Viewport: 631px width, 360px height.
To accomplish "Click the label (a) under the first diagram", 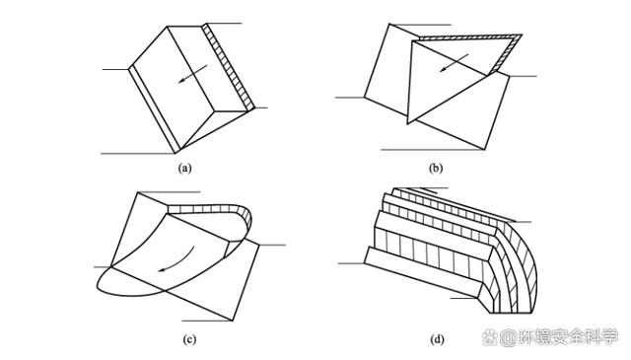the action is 184,168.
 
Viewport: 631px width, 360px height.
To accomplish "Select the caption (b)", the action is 436,168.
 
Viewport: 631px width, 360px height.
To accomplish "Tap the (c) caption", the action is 189,340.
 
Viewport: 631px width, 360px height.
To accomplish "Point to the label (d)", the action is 437,340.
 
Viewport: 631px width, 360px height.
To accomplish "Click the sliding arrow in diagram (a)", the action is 193,74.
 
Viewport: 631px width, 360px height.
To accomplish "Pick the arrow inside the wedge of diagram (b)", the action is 454,63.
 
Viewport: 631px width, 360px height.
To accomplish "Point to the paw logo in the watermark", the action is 490,337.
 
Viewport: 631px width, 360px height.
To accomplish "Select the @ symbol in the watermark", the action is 508,337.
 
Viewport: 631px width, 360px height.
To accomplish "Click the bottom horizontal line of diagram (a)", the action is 138,154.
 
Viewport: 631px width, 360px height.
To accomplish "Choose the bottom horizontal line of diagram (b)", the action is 433,150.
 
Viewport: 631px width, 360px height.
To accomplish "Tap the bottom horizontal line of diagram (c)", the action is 207,321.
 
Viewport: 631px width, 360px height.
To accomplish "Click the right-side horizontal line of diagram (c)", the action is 272,245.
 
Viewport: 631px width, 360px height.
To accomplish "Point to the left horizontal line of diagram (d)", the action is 351,263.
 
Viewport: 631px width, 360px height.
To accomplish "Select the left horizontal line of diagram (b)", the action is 349,98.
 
